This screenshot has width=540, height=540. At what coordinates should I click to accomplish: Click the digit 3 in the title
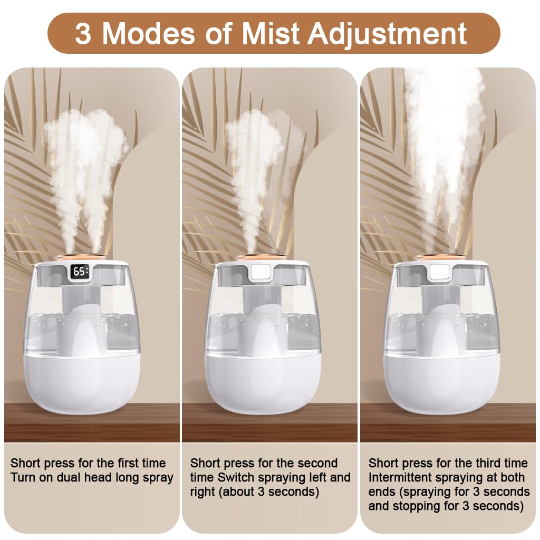(x=83, y=34)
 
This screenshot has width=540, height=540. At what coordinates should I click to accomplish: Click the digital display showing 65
(x=80, y=272)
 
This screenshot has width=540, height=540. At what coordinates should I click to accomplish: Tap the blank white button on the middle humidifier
(x=261, y=272)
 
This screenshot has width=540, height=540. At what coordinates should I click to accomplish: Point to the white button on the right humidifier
(x=439, y=272)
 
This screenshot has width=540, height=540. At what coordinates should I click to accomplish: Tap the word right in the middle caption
(x=202, y=493)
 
